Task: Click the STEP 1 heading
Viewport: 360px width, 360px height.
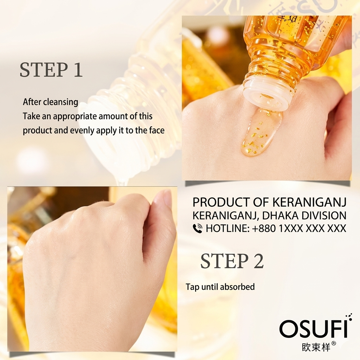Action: click(x=51, y=70)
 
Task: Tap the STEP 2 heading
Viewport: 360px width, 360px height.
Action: click(x=232, y=261)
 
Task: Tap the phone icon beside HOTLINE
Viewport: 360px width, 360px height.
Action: click(x=198, y=229)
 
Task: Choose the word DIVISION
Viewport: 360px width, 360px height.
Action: click(x=324, y=216)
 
